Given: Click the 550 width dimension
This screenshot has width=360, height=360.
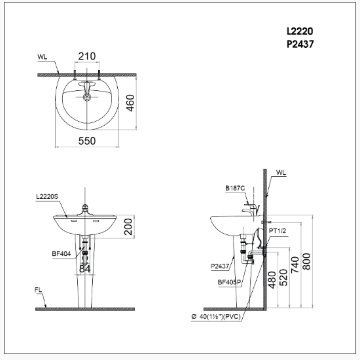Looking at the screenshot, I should [87, 141].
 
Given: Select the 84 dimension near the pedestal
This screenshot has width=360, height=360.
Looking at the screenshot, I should [85, 268].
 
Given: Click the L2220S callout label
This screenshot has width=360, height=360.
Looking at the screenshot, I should [48, 196].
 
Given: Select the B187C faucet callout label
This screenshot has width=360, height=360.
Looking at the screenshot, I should [235, 188].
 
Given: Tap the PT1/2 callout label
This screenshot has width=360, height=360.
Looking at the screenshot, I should [278, 230].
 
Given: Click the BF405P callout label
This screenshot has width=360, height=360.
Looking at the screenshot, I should [229, 282].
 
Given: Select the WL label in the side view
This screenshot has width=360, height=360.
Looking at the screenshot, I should [281, 173].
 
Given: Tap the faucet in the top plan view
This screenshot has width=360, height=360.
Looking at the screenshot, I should [87, 86].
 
